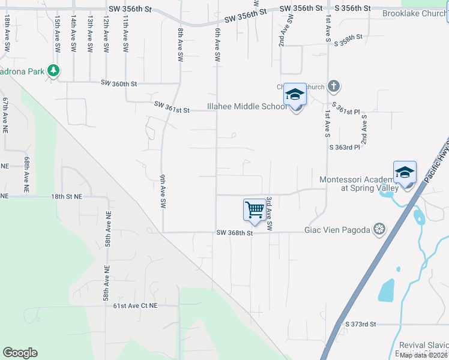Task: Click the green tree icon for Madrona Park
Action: tap(53, 71)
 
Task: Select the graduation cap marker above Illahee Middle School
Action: tap(295, 95)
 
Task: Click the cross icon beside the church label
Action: tap(334, 87)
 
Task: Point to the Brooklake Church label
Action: tap(414, 13)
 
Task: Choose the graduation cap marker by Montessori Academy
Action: tap(405, 173)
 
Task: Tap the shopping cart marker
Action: tap(255, 210)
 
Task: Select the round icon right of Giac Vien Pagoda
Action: tap(379, 228)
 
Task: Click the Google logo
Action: tap(20, 353)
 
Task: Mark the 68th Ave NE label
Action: tap(27, 174)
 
